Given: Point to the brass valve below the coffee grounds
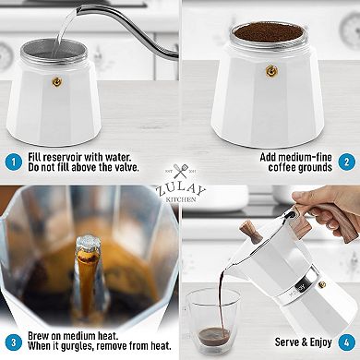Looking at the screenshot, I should [271, 71].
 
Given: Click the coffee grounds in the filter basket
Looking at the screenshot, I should [271, 32].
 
